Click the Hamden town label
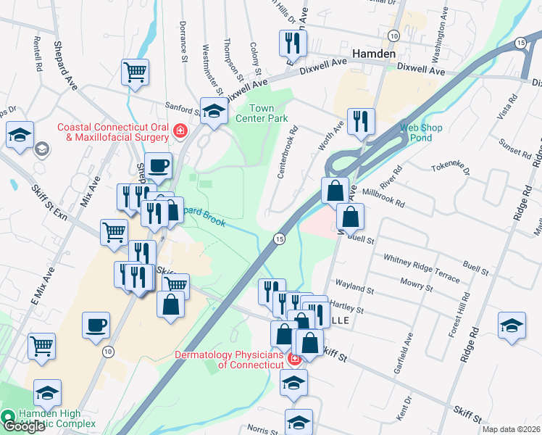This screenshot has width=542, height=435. (x=374, y=54)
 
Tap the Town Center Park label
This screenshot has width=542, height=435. (x=264, y=113)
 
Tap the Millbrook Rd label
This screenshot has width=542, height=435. (x=384, y=197)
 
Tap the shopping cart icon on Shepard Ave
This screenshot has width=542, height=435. (x=135, y=72)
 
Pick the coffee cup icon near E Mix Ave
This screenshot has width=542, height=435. (x=96, y=325)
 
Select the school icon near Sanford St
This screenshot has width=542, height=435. (x=212, y=111)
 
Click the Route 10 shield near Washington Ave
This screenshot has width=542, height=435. (x=393, y=35)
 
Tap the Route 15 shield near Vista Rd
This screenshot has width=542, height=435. (x=520, y=43)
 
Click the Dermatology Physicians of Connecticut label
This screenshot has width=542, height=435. (x=230, y=360)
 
